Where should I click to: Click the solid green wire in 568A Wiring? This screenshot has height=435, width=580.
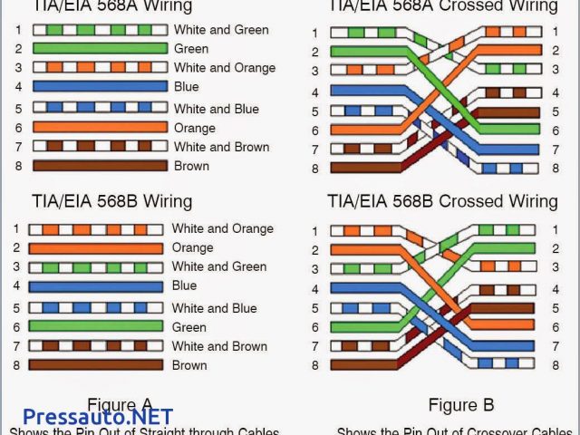(x=100, y=49)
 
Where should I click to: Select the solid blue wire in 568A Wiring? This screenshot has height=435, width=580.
(x=100, y=87)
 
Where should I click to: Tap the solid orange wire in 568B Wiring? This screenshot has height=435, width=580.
(x=96, y=247)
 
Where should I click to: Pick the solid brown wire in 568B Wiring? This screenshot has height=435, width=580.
(x=96, y=365)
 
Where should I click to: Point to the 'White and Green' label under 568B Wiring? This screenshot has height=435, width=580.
(x=219, y=266)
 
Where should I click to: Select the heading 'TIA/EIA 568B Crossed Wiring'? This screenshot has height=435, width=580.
(x=442, y=200)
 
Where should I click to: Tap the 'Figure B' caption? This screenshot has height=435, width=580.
(x=461, y=405)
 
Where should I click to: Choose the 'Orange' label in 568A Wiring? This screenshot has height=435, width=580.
(x=196, y=128)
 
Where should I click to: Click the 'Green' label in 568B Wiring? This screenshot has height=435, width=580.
(x=189, y=326)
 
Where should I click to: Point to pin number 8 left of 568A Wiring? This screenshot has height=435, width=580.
(x=17, y=166)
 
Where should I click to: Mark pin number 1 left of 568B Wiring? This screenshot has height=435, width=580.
(x=17, y=228)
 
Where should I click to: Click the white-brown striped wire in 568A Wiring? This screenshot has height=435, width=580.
(x=100, y=146)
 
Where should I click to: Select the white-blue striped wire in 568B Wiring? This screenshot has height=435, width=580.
(x=96, y=307)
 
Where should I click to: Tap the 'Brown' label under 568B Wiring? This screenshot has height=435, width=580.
(x=189, y=365)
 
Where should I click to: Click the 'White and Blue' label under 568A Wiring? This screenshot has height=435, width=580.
(x=216, y=109)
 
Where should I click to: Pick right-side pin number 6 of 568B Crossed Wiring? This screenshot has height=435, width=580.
(x=554, y=327)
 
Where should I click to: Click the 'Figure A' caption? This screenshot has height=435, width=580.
(x=120, y=404)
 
